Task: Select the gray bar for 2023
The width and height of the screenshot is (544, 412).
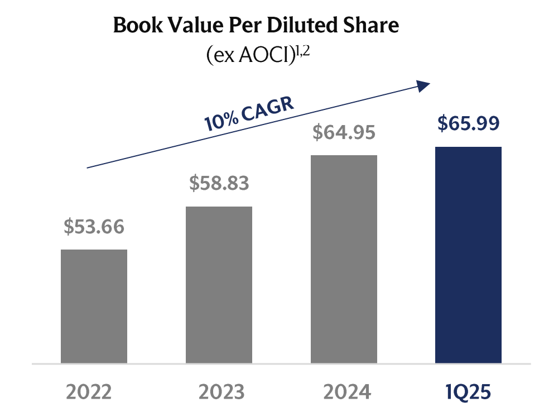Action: (x=219, y=285)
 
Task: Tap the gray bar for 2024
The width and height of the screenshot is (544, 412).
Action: (x=344, y=259)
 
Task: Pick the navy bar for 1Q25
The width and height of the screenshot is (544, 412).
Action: (x=468, y=255)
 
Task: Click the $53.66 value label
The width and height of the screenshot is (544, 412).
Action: (x=94, y=227)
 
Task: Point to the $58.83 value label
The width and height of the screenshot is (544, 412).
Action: (x=219, y=183)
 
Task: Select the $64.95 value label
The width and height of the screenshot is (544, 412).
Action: (x=344, y=133)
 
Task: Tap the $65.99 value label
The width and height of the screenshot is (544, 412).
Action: (x=468, y=124)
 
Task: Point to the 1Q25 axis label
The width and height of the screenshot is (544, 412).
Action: (x=468, y=392)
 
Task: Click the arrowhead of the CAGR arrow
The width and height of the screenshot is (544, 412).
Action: (x=424, y=85)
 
